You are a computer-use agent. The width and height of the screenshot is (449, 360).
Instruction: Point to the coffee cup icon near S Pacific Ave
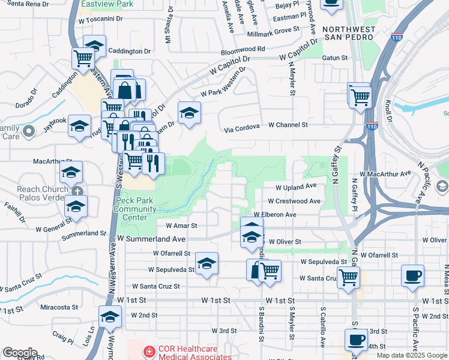[412, 276]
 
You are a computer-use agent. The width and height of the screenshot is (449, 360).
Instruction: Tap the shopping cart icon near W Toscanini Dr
[83, 58]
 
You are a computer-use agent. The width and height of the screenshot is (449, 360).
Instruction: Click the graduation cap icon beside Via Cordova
[188, 113]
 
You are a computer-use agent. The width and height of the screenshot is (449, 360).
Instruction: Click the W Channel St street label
[288, 125]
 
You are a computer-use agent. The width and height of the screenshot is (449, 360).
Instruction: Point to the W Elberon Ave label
[275, 214]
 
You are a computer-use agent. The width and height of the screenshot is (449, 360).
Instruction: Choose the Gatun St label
[336, 58]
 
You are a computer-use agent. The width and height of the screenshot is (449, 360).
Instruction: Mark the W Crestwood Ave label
[294, 201]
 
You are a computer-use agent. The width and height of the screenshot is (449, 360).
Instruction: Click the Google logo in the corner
[20, 353]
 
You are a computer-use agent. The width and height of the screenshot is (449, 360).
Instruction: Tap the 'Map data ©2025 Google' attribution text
[412, 355]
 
